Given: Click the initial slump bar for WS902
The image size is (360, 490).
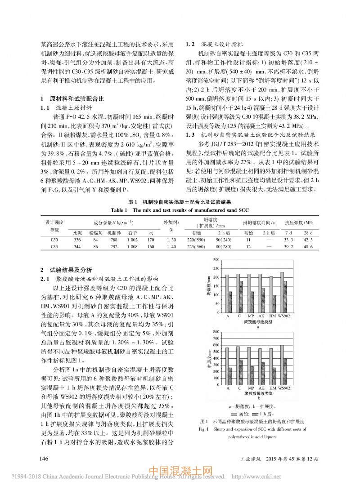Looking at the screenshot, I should pos(282,292).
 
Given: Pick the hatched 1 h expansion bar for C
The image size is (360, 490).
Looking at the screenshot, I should pos(241,370).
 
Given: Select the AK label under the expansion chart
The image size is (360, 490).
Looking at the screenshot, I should pos(261,387).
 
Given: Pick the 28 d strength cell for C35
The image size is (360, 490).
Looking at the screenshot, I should pos(308,247).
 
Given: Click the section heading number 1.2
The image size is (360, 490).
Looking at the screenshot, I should pos(190,45).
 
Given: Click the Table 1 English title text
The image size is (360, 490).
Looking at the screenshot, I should pos(180,210).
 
